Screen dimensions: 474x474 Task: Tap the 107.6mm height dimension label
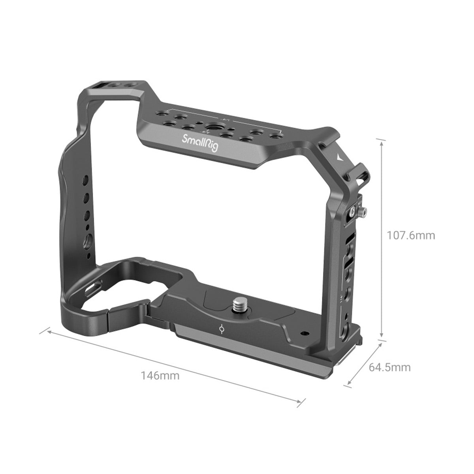pyautogui.click(x=411, y=235)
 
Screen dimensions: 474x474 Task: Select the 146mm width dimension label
pyautogui.click(x=160, y=375)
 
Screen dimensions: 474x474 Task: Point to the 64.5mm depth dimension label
pyautogui.click(x=389, y=367)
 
